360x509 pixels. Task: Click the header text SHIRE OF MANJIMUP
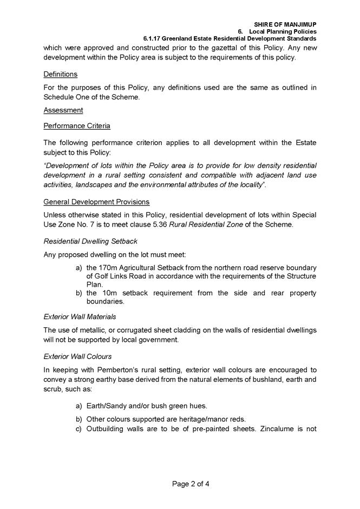pyautogui.click(x=285, y=24)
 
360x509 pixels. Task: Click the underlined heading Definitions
pyautogui.click(x=61, y=74)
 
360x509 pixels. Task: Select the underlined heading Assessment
pyautogui.click(x=63, y=110)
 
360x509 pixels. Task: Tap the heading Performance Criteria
pyautogui.click(x=77, y=126)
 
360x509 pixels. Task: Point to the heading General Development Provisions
pyautogui.click(x=96, y=202)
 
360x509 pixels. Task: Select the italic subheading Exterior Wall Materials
pyautogui.click(x=79, y=317)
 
